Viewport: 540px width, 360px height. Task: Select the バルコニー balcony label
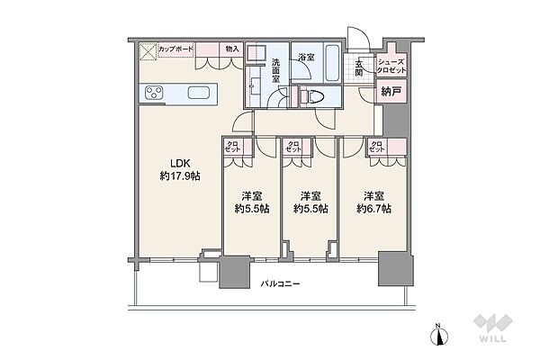coord(280,284)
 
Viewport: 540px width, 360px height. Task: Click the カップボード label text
coord(177,49)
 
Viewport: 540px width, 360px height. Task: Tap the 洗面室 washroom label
coord(277,71)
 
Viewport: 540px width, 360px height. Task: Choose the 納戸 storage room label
coord(390,91)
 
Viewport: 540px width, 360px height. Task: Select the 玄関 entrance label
coord(359,68)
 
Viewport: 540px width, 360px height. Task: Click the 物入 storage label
coord(232,49)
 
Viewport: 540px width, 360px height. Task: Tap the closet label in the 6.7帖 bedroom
coord(377,147)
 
